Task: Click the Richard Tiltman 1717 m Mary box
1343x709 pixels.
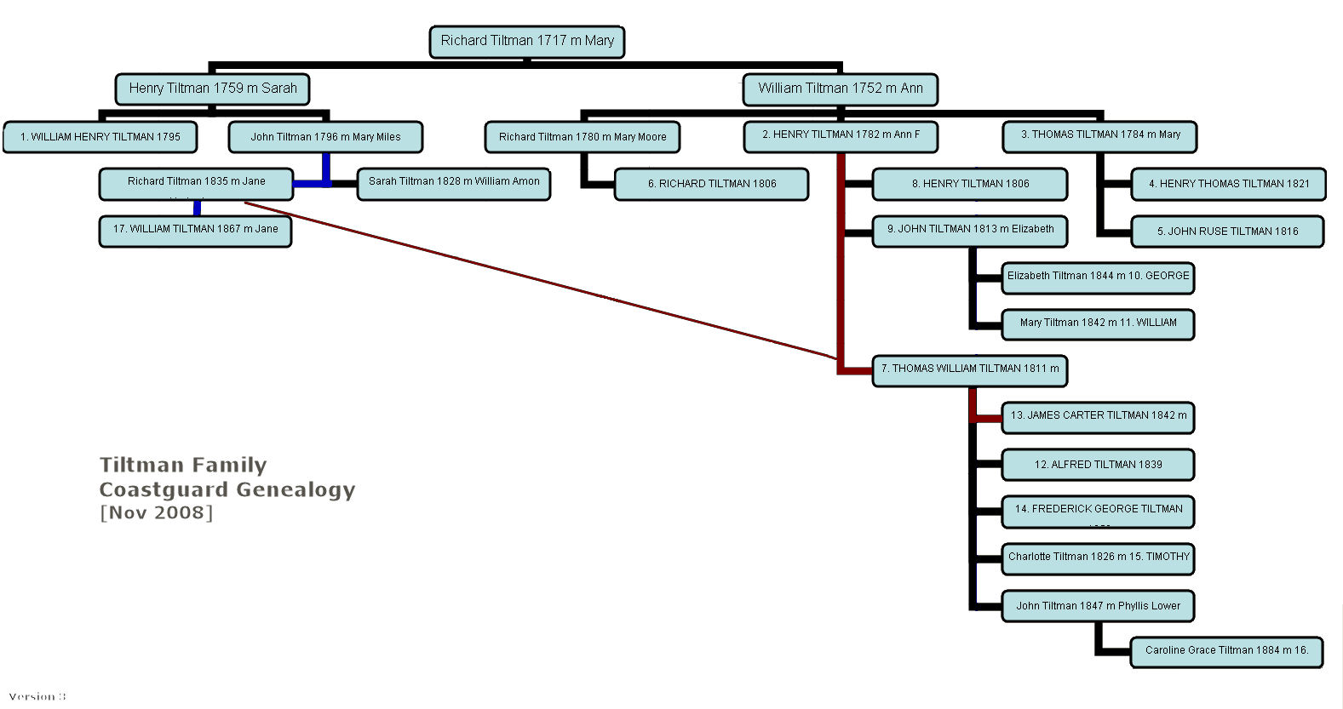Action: (x=527, y=41)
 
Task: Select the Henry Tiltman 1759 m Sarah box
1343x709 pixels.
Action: (x=212, y=89)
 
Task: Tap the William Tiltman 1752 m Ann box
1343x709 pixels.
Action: (x=840, y=89)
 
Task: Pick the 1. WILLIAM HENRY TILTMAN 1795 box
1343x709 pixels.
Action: (x=100, y=137)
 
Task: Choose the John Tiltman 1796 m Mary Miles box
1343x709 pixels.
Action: (x=325, y=137)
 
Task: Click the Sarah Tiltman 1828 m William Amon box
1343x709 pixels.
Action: (x=454, y=183)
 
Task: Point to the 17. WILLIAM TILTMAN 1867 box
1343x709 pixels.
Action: (x=195, y=231)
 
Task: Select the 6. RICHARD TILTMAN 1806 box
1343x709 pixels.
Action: (x=711, y=184)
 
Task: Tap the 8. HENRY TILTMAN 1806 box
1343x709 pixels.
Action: (x=970, y=184)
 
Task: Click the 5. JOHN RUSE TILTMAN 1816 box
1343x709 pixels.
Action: (x=1227, y=232)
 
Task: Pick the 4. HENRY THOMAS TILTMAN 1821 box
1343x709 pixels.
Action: (x=1228, y=184)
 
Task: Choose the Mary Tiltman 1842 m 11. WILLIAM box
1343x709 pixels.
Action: (x=1098, y=323)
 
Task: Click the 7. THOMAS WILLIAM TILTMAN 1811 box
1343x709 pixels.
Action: (x=969, y=370)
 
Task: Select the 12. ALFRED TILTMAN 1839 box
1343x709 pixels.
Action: (x=1098, y=465)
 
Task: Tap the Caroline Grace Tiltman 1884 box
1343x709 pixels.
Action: (x=1226, y=651)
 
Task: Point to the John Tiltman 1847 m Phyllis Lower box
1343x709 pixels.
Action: (x=1098, y=606)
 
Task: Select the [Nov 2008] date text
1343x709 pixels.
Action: (x=156, y=512)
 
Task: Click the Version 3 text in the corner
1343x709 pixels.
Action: (x=37, y=696)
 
